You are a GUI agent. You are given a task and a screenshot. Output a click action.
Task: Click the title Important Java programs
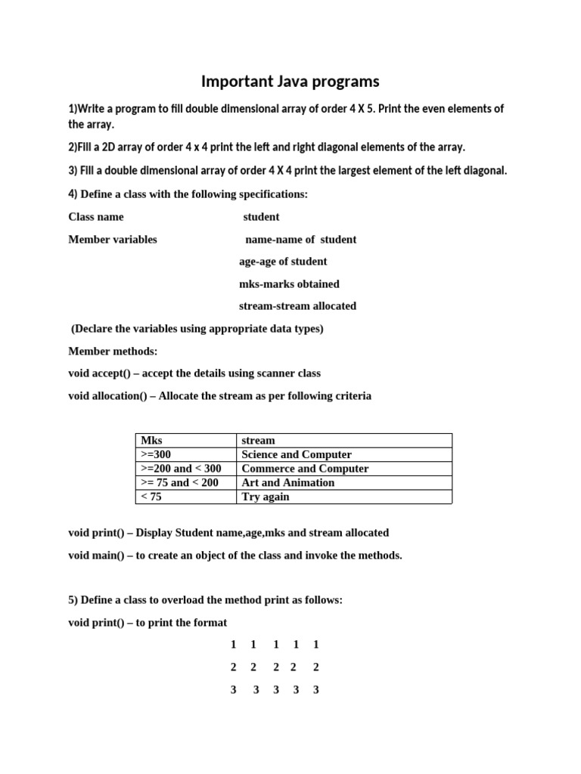(x=290, y=81)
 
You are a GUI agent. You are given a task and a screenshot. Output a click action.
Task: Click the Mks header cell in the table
(x=151, y=440)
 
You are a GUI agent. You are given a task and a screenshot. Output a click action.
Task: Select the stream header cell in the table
(x=258, y=440)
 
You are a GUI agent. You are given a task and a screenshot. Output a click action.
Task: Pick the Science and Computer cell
(x=296, y=454)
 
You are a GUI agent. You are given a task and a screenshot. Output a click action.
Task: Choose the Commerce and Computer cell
(x=304, y=469)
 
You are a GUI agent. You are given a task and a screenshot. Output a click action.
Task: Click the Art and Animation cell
(x=287, y=482)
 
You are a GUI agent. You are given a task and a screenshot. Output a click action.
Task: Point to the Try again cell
(x=265, y=497)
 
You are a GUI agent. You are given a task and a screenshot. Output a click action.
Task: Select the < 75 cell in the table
(x=151, y=497)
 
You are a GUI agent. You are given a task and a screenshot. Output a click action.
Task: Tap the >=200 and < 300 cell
(x=181, y=469)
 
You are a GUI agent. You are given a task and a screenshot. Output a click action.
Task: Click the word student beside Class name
(x=261, y=217)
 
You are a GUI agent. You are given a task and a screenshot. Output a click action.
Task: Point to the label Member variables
(x=113, y=240)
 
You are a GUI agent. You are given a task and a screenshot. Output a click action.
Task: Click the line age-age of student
(x=283, y=262)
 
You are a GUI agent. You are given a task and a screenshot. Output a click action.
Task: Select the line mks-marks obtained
(x=289, y=284)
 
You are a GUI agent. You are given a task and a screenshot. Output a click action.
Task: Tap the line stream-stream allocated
(x=297, y=306)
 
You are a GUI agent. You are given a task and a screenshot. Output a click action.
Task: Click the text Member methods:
(x=113, y=351)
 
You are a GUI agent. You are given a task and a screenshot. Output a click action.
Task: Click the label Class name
(x=96, y=217)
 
